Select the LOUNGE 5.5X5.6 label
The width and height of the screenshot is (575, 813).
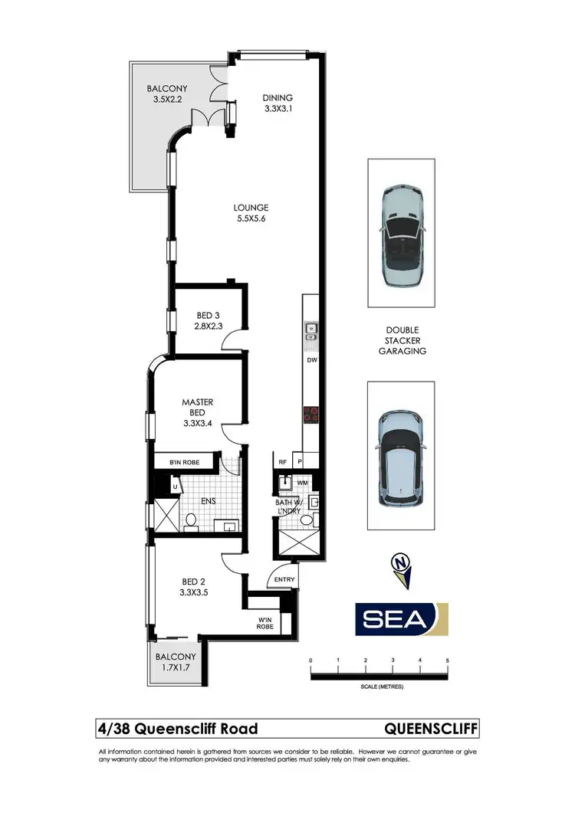pos(251,213)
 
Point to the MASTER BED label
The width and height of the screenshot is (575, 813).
pos(197,407)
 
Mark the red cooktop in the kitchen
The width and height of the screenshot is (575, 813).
pos(311,415)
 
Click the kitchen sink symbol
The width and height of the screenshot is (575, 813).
pos(311,330)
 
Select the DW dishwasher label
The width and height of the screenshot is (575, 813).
pos(311,359)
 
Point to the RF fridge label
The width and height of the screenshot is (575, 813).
pos(283,462)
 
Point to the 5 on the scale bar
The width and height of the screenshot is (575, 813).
pos(447,660)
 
